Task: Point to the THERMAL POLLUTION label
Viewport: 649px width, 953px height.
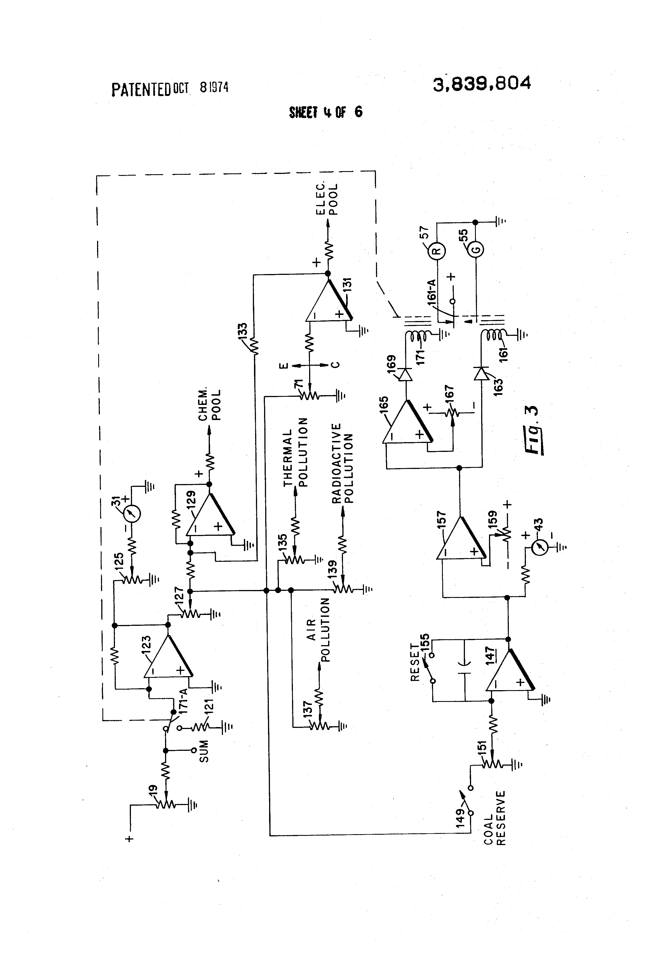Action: pos(295,452)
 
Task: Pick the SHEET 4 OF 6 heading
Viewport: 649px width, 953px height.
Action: pos(326,112)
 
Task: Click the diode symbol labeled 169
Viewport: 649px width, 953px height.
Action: pos(406,374)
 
